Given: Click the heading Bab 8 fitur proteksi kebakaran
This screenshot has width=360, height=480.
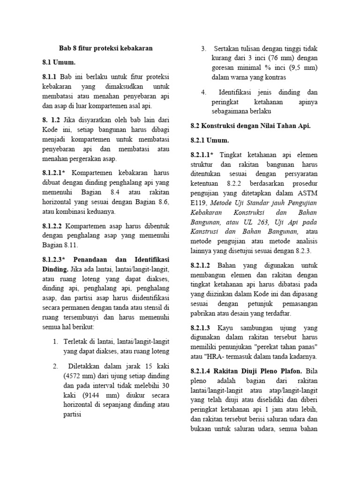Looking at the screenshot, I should tap(105, 48).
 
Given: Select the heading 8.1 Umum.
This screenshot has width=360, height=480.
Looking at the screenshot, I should tap(59, 62).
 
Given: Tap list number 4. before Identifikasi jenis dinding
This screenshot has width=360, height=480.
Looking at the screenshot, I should tap(204, 92).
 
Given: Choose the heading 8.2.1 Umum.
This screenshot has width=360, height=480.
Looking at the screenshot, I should tap(210, 140).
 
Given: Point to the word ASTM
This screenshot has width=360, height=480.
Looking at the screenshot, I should tap(307, 193).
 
